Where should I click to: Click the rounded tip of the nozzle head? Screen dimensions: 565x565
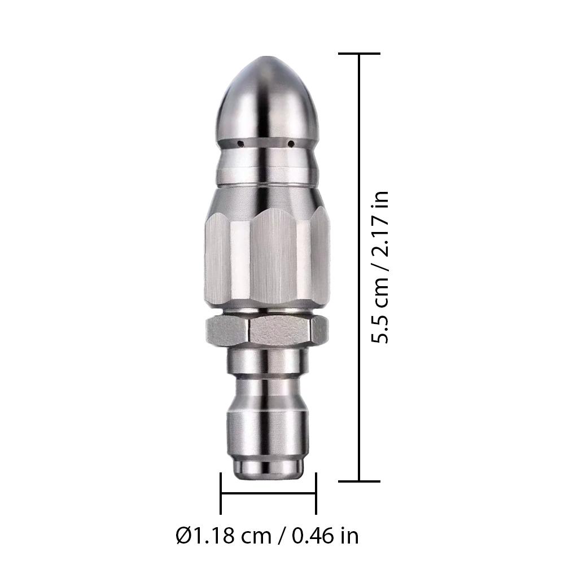pos(266,65)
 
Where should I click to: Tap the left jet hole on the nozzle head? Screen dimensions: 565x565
pos(239,142)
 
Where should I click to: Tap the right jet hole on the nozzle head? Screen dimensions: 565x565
pos(291,143)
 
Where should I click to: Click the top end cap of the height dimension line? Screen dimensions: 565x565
pos(360,54)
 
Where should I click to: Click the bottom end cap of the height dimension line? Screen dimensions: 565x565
pos(360,481)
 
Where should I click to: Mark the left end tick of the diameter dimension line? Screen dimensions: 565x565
pos(221,494)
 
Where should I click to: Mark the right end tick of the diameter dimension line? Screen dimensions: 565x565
pos(316,494)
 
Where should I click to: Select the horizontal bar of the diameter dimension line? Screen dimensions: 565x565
pos(268,494)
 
